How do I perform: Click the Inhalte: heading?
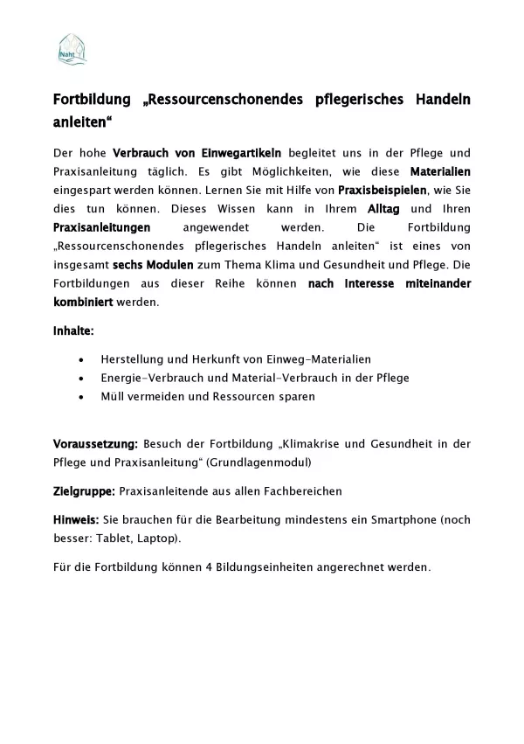click(73, 332)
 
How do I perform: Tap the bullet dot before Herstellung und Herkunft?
click(81, 359)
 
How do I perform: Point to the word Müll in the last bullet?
click(114, 396)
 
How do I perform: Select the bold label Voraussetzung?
click(94, 444)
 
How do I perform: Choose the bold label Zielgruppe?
click(84, 491)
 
